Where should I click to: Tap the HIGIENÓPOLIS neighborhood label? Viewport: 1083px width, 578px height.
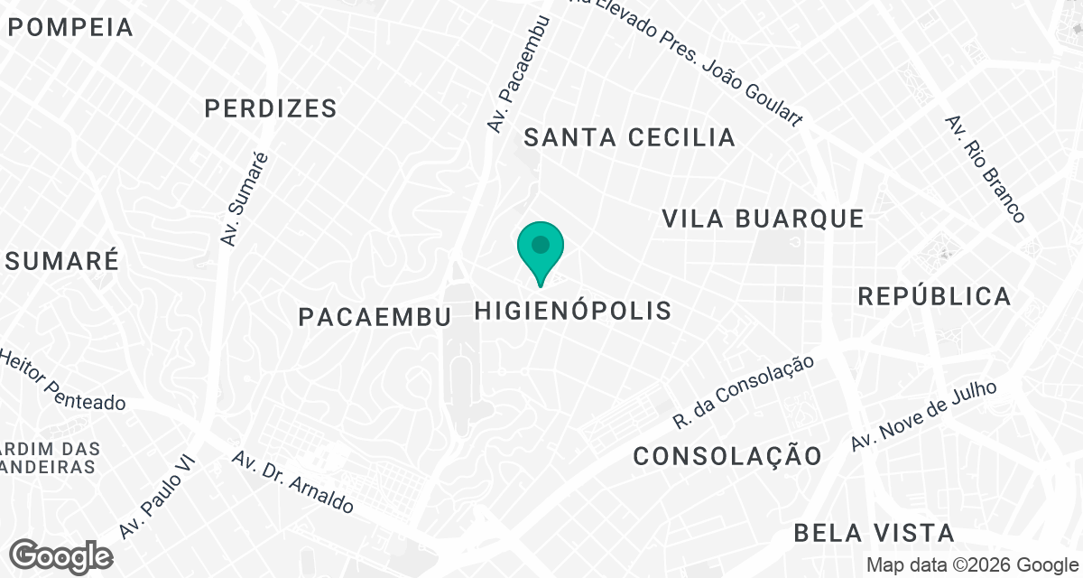573,311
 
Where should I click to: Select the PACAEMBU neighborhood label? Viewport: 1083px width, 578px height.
374,316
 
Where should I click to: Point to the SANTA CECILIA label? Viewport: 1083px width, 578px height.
629,137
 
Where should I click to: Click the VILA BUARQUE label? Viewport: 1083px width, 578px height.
763,219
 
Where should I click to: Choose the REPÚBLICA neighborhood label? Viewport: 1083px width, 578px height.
934,296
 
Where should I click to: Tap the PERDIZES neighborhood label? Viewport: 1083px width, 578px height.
270,109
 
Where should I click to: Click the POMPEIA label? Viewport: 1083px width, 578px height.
70,27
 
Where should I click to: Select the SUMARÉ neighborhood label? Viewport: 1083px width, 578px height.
61,261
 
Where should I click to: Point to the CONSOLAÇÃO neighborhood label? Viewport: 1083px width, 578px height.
727,456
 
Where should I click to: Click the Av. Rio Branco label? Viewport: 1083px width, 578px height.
985,169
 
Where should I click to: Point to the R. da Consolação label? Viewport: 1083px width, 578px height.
744,391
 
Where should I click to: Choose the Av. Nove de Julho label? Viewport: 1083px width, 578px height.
924,415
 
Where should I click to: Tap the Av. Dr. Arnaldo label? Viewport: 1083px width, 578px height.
292,482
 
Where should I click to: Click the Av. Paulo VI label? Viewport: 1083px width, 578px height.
151,504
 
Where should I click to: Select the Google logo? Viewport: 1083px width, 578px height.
61,555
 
